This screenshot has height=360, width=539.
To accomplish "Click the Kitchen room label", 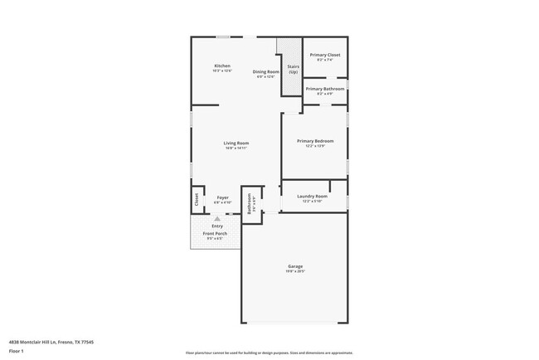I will (221, 66).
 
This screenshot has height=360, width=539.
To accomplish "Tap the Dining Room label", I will (266, 71).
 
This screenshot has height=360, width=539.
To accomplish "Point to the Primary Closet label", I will (325, 55).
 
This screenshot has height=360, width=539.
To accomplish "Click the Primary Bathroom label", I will (325, 89).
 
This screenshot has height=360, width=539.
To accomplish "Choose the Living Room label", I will (236, 143).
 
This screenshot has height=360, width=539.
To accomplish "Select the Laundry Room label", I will (313, 196).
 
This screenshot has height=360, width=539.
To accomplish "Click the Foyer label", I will (223, 197).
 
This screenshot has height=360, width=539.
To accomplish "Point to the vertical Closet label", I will (197, 199).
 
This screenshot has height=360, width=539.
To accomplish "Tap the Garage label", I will (296, 266).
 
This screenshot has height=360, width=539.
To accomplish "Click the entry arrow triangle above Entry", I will (217, 218).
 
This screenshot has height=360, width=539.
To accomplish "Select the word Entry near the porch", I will (217, 226).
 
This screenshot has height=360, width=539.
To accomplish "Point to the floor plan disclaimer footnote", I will (268, 353).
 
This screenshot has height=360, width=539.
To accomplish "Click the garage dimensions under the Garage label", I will (296, 271).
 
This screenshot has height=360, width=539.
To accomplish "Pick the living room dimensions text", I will (236, 148).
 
